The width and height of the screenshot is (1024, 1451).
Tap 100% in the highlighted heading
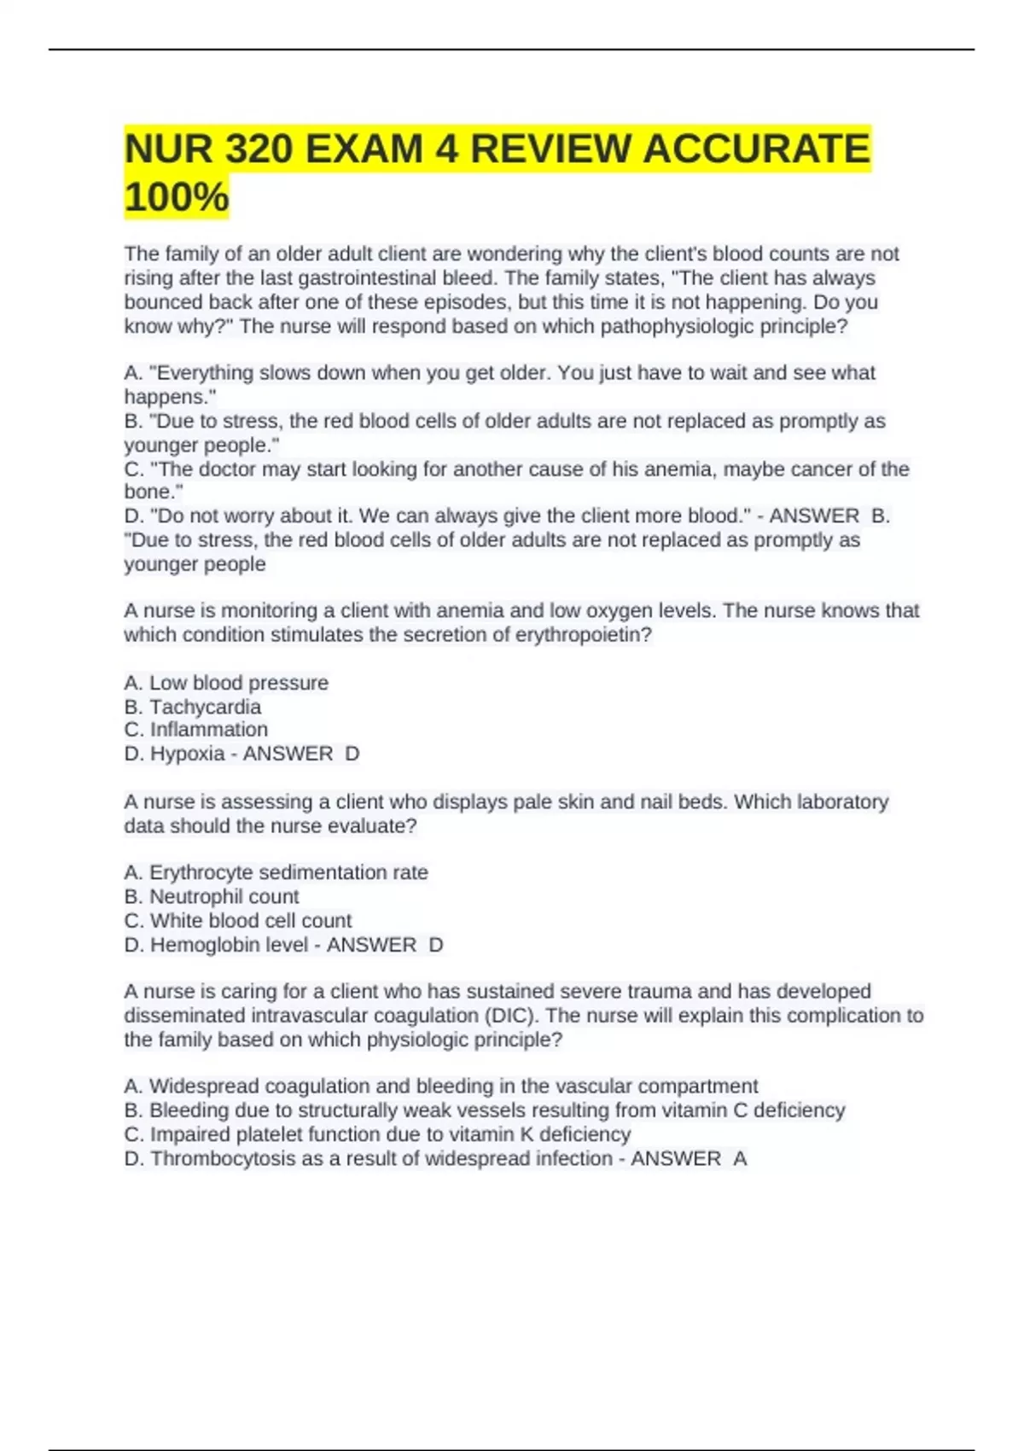(x=177, y=196)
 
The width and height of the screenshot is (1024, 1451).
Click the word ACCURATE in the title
(x=756, y=149)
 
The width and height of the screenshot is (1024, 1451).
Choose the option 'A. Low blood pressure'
(x=226, y=683)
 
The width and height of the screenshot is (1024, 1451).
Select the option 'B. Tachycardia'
(x=193, y=707)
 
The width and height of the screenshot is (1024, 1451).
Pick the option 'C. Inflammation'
(x=196, y=730)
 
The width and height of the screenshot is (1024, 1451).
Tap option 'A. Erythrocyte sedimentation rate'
(x=276, y=872)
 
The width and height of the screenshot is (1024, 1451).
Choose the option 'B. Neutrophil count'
(x=212, y=896)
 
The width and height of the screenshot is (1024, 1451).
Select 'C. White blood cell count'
(x=238, y=920)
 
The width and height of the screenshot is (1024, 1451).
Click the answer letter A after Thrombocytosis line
(x=740, y=1158)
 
